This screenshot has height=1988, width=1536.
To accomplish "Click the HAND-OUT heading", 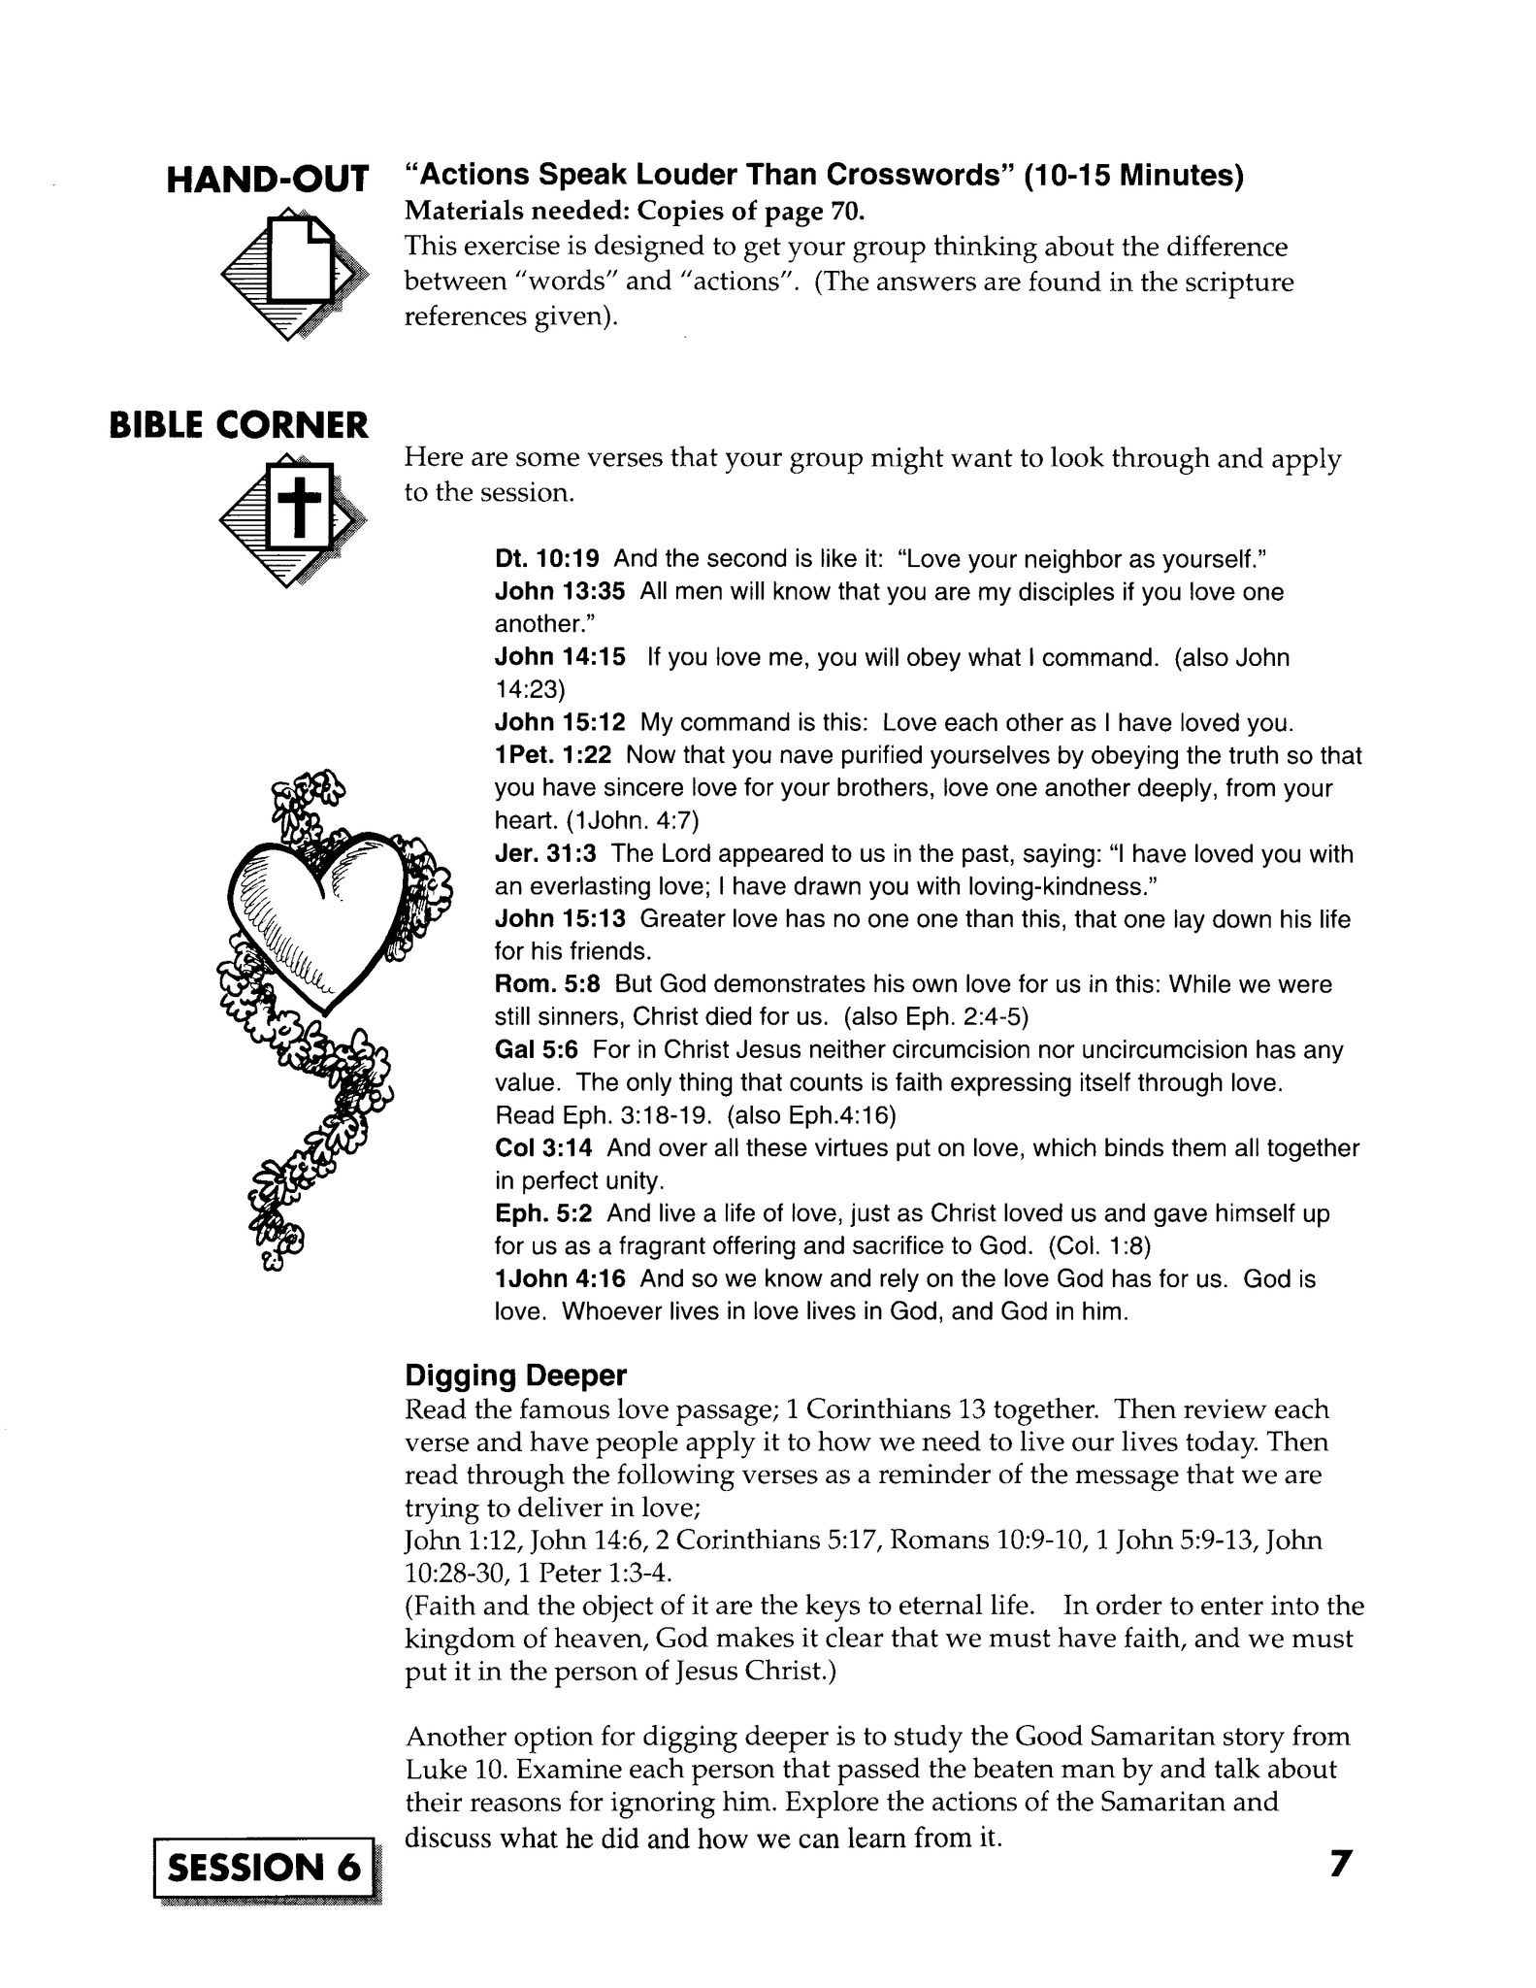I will [x=268, y=180].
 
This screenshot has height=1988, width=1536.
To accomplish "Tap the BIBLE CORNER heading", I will [x=239, y=425].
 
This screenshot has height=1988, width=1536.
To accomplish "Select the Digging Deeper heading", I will [x=515, y=1375].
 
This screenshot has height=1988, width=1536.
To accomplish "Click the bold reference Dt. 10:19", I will [x=547, y=559].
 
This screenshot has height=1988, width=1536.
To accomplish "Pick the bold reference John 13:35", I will [x=560, y=592].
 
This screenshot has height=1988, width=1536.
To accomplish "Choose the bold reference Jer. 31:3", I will [x=545, y=854].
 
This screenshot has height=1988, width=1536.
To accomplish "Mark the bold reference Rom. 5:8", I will [x=547, y=984].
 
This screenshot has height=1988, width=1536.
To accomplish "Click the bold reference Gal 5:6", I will [x=537, y=1049].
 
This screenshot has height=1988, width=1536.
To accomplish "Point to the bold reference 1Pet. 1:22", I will [x=553, y=755].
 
